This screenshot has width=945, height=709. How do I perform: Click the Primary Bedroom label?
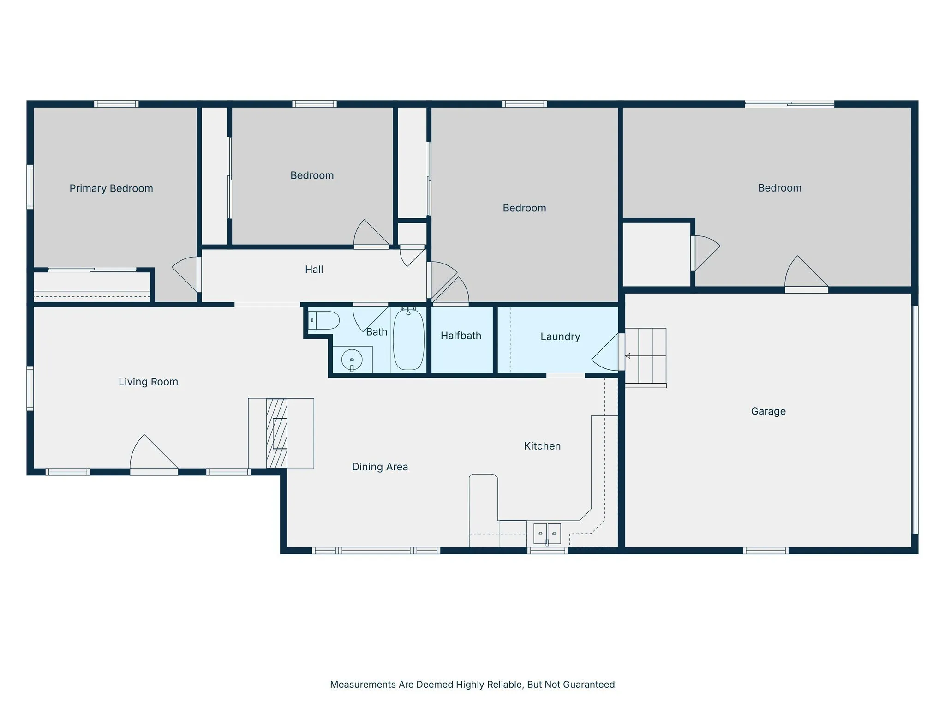click(x=111, y=188)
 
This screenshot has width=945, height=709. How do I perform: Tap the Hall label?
click(x=314, y=270)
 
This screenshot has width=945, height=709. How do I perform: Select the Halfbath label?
click(x=461, y=336)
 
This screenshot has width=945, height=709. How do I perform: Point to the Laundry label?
click(x=560, y=336)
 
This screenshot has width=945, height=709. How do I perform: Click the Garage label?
click(x=768, y=411)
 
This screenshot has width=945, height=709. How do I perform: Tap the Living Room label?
click(x=148, y=382)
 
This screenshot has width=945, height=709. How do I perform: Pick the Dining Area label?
click(x=380, y=467)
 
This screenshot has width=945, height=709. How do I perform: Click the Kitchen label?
click(x=542, y=446)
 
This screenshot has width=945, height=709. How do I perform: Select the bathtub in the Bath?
click(x=408, y=340)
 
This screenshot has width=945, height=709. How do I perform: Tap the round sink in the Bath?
click(x=352, y=360)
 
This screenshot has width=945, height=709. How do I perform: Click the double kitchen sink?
click(x=547, y=534)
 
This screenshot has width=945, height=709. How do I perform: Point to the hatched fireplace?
click(x=277, y=433)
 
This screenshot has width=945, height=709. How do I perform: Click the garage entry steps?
click(x=646, y=358)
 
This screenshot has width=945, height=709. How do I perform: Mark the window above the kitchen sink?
click(x=547, y=550)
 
